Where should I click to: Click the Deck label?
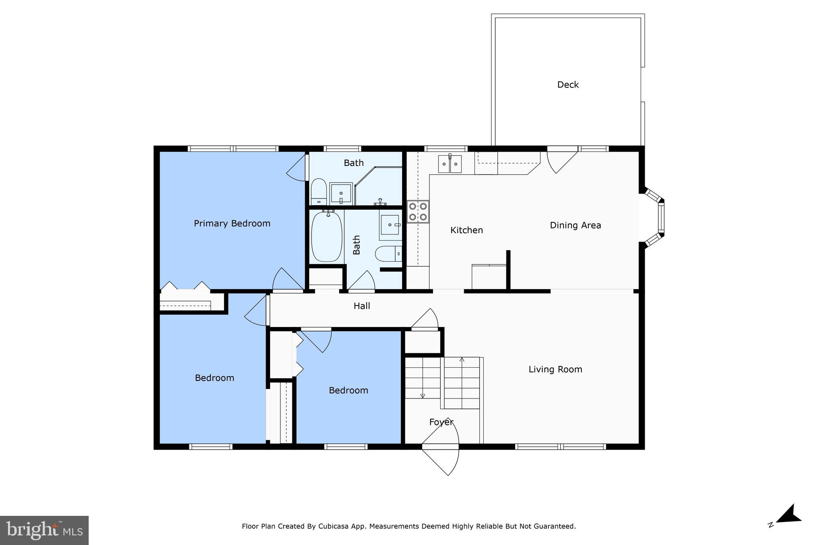coord(568,85)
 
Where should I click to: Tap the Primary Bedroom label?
coord(232,224)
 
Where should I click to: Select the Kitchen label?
coord(467,230)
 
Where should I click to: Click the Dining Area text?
coord(575,226)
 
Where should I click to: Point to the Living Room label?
coord(555,370)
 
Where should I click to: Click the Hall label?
coord(361,306)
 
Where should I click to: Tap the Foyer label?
coord(441,422)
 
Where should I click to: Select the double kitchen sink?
coord(450,164)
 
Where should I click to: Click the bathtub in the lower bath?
coord(327,236)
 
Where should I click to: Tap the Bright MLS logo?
coord(44,530)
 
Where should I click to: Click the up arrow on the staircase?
coord(462,360)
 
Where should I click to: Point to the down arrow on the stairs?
coord(423,396)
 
